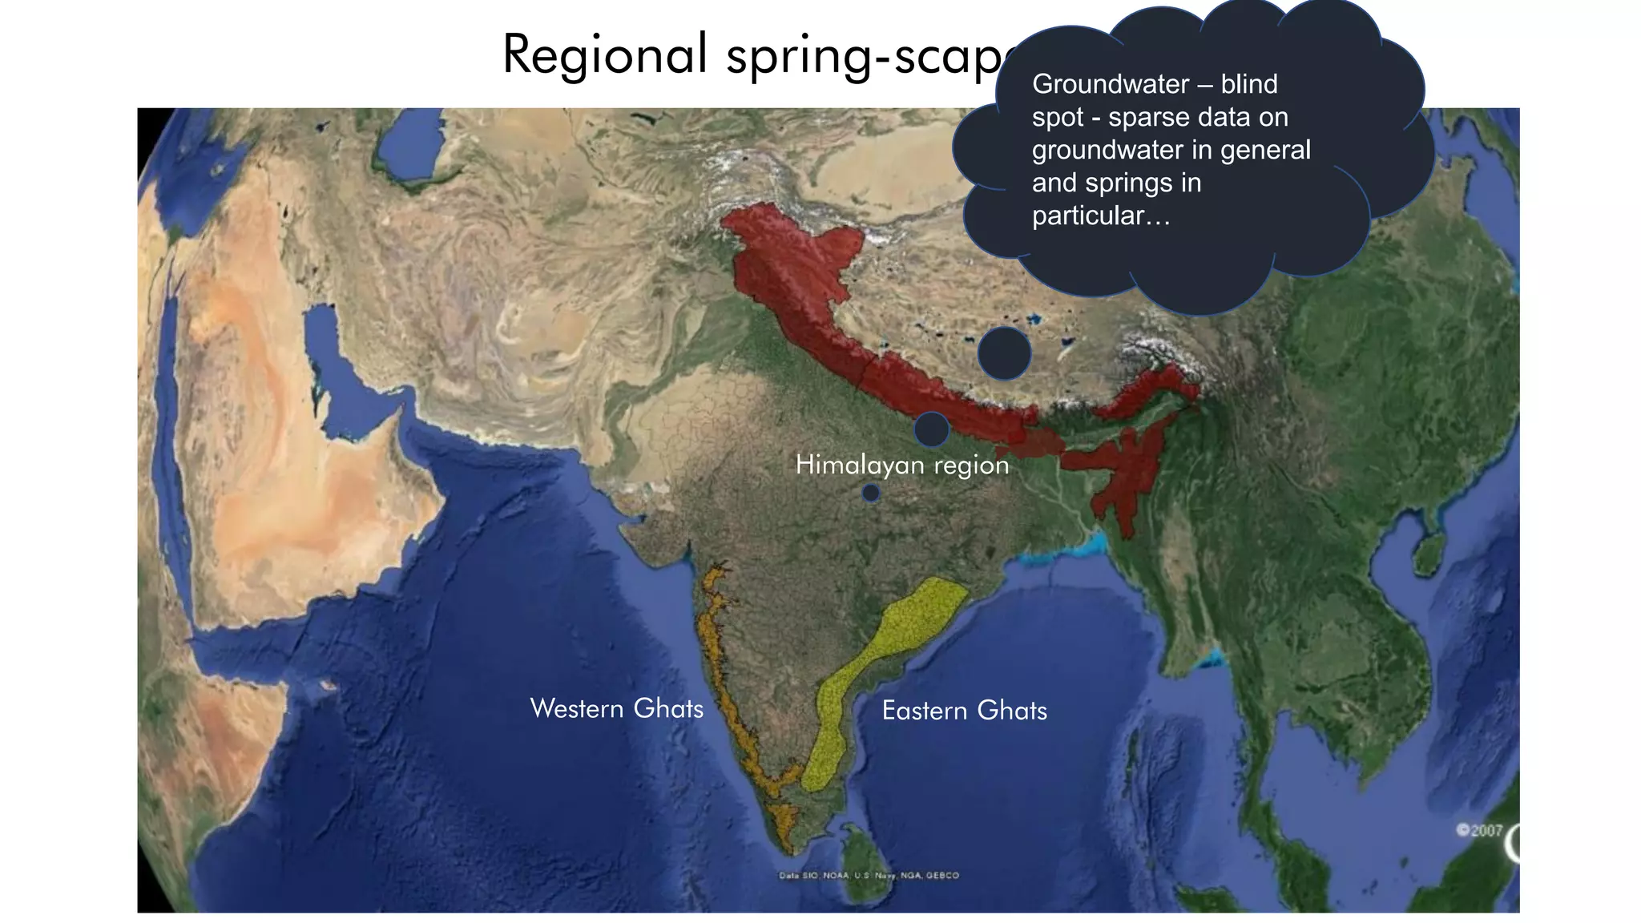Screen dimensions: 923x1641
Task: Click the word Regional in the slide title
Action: click(605, 54)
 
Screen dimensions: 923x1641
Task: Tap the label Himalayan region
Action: click(902, 465)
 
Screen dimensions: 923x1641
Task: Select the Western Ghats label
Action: click(616, 708)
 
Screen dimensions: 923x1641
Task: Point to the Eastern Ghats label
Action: click(964, 711)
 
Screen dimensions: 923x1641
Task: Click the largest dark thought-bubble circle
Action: click(1004, 353)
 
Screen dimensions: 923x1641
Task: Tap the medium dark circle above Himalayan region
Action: click(931, 429)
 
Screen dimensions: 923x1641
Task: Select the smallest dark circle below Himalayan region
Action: click(871, 494)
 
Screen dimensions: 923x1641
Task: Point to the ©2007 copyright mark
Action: click(1479, 831)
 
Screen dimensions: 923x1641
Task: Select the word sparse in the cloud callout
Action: click(1146, 118)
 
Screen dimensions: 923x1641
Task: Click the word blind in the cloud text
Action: click(1248, 84)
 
